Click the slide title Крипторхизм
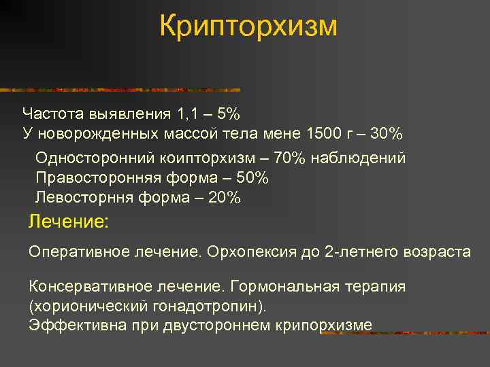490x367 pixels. tap(248, 27)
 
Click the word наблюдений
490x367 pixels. tap(358, 158)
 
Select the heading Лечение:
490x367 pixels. tap(68, 222)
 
